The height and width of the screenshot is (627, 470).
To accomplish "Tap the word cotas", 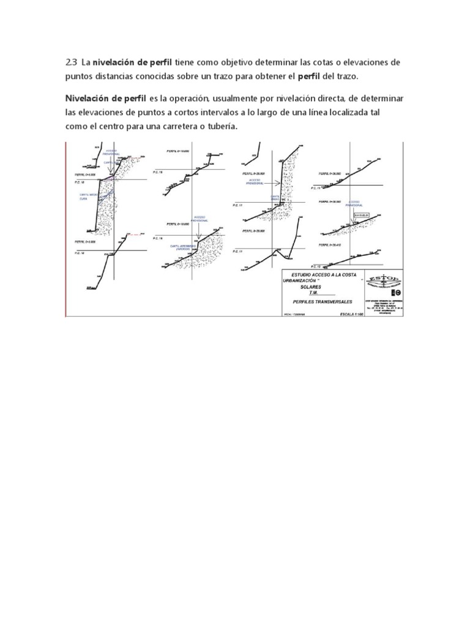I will coord(315,62).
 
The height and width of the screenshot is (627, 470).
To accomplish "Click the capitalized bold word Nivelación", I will coord(89,99).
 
